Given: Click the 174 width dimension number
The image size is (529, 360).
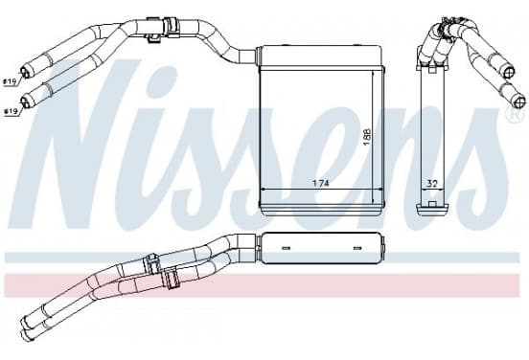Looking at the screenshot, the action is pyautogui.click(x=320, y=184).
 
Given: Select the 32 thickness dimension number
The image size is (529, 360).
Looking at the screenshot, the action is pyautogui.click(x=432, y=184).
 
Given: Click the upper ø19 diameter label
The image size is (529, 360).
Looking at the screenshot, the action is pyautogui.click(x=10, y=82).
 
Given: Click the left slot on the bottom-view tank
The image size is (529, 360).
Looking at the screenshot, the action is pyautogui.click(x=286, y=248).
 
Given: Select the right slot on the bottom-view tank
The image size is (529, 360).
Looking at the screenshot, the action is pyautogui.click(x=356, y=248).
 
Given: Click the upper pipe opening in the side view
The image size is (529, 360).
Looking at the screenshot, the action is pyautogui.click(x=509, y=73).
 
